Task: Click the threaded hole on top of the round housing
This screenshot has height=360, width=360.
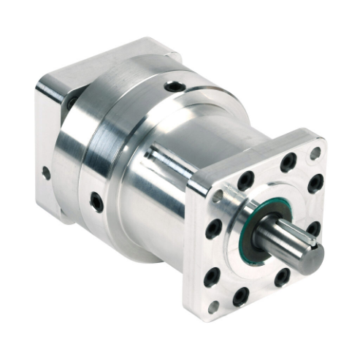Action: point(173,87)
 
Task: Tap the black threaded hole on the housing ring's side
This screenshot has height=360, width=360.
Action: point(96,202)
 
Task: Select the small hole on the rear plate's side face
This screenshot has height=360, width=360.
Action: point(46,174)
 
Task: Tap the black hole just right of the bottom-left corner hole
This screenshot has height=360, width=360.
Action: point(240,296)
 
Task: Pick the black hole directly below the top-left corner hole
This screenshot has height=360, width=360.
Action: point(214,229)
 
